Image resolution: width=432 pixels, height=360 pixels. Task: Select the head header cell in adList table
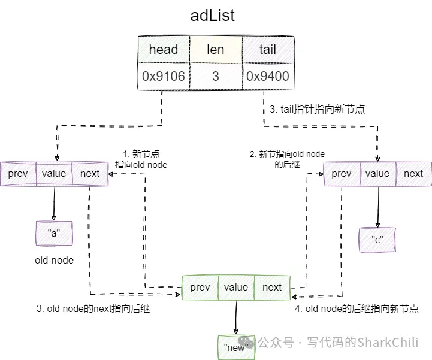[x=164, y=49]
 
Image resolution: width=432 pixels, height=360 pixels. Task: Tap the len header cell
[x=216, y=49]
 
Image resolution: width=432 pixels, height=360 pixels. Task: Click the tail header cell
[x=267, y=49]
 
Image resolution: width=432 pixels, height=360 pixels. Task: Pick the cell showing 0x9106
[x=164, y=76]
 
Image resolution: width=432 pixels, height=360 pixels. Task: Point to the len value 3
[x=216, y=76]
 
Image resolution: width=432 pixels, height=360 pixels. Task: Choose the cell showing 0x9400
[x=267, y=76]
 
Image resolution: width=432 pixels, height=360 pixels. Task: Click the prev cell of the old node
[x=18, y=174]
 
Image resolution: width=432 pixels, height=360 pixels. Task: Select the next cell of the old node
[x=90, y=174]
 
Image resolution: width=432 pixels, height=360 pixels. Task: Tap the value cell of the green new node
[x=236, y=288]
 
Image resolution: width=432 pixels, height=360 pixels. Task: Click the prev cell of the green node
[x=200, y=288]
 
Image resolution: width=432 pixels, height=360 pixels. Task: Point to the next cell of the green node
[x=272, y=288]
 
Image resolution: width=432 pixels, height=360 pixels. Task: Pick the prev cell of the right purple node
[x=342, y=174]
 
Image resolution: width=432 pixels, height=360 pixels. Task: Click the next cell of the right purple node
[x=413, y=174]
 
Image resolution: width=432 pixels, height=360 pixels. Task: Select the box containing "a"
[x=54, y=234]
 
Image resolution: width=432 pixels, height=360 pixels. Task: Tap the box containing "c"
[x=377, y=240]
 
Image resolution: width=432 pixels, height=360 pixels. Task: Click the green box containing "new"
[x=235, y=347]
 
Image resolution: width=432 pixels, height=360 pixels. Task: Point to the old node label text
[x=54, y=261]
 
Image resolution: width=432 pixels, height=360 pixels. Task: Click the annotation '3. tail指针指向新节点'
[x=318, y=110]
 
